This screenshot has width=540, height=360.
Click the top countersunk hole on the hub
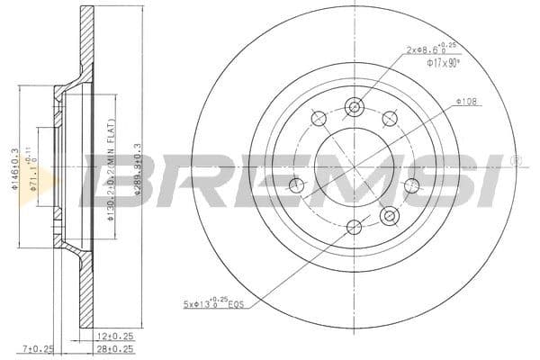tap(354, 105)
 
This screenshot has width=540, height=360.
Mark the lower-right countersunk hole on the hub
tap(389, 215)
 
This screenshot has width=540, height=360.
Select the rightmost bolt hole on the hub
tap(411, 185)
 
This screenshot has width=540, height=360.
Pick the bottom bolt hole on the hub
tap(354, 228)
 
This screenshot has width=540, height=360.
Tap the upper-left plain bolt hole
tap(318, 118)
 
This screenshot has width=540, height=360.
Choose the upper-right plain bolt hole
tap(390, 118)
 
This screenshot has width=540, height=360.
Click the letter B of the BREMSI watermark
tap(112, 179)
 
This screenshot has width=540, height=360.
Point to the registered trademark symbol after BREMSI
tap(514, 160)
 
